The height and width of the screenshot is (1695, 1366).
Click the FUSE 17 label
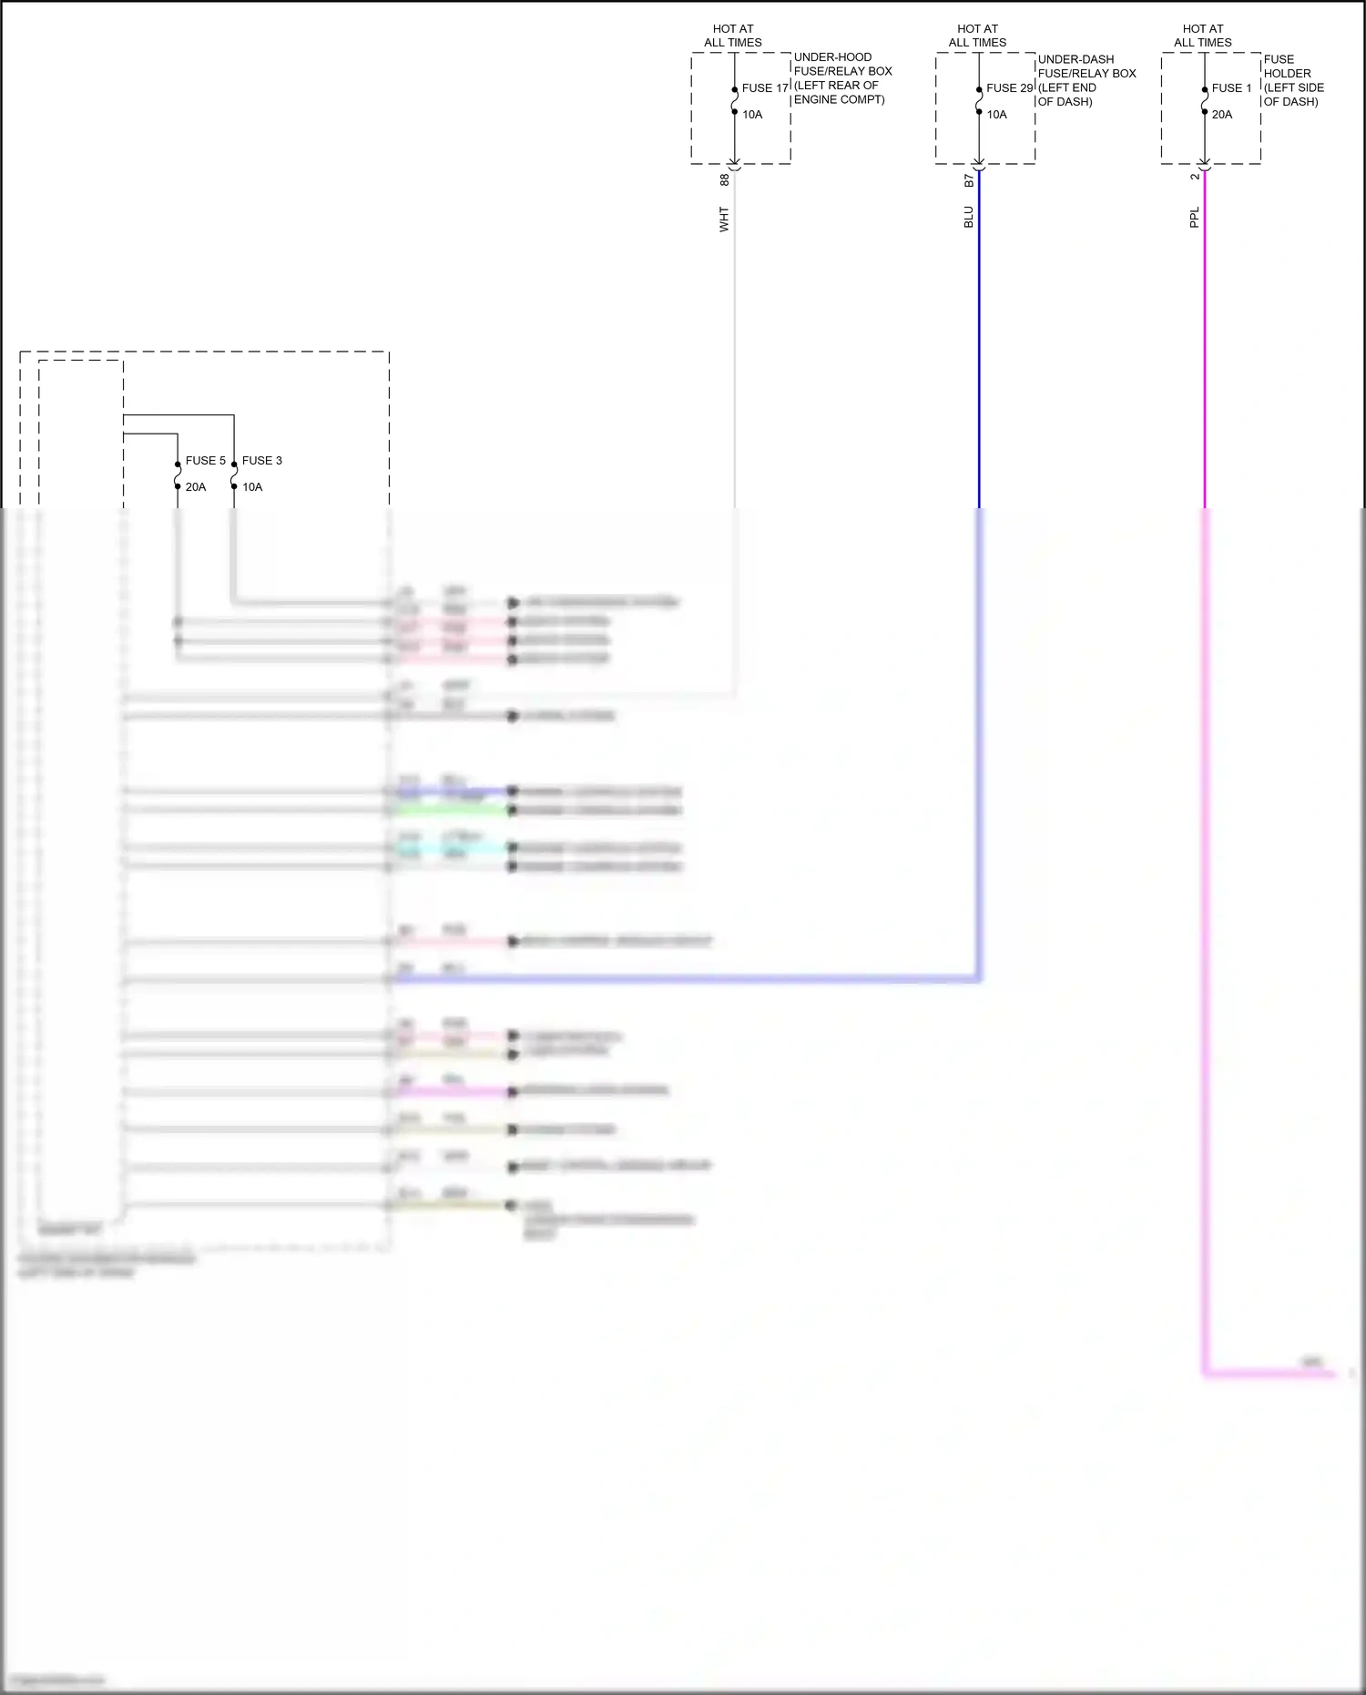coord(765,88)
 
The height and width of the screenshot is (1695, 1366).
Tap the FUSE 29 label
coord(1009,88)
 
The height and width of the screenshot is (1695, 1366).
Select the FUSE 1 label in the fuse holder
coord(1231,88)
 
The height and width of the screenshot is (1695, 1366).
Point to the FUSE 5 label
coord(205,461)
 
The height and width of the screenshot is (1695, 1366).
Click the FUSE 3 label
coord(261,461)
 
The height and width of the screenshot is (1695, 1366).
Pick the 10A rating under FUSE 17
coord(752,115)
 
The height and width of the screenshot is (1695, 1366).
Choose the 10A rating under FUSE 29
coord(996,115)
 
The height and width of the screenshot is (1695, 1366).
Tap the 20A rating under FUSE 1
coord(1221,115)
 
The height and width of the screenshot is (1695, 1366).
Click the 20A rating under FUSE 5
coord(196,487)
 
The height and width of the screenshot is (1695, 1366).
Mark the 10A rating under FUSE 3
coord(252,487)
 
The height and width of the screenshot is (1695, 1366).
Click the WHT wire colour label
coord(725,219)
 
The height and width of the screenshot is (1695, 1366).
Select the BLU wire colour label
coord(969,217)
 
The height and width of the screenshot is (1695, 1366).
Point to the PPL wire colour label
coord(1195,217)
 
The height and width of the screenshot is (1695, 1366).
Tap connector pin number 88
coord(725,180)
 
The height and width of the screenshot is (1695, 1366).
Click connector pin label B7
coord(969,180)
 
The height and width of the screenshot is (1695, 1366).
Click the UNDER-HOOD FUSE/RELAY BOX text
coord(841,78)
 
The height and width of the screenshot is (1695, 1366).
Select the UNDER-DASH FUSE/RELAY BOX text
coord(1086,80)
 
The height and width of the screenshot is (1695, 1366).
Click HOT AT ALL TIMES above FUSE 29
coord(977,36)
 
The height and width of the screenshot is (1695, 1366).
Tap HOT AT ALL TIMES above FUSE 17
coord(733,36)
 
